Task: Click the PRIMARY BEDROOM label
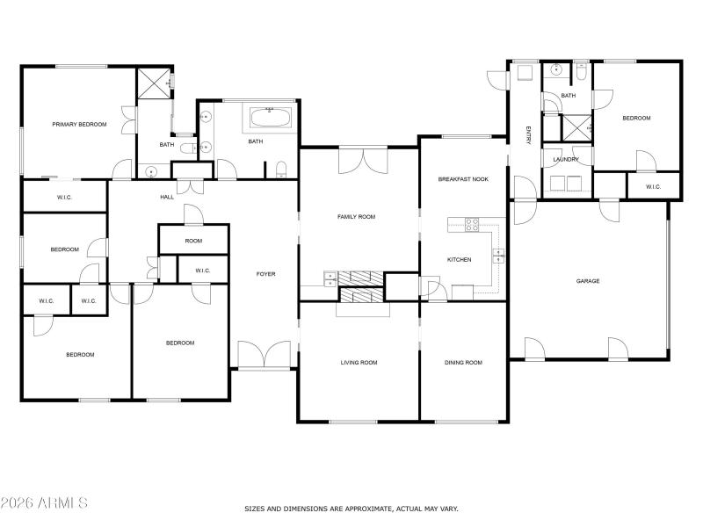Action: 79,125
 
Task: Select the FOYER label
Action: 265,274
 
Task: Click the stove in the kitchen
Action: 472,224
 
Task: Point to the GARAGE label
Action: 588,281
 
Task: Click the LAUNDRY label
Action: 566,159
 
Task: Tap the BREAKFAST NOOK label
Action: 463,179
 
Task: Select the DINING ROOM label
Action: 463,362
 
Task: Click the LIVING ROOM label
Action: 359,362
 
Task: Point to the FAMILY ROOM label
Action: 357,216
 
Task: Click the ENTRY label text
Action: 529,134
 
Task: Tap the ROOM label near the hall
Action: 193,241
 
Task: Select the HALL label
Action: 167,197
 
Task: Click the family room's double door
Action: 363,161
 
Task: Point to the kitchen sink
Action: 498,256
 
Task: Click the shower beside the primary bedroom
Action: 154,83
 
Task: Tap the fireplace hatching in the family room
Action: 361,278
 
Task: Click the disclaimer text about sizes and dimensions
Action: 351,509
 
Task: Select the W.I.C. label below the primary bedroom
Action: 64,197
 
